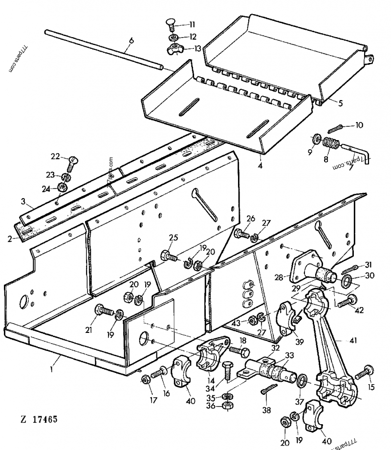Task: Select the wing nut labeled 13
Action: pyautogui.click(x=173, y=49)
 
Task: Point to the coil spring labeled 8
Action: pyautogui.click(x=331, y=144)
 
